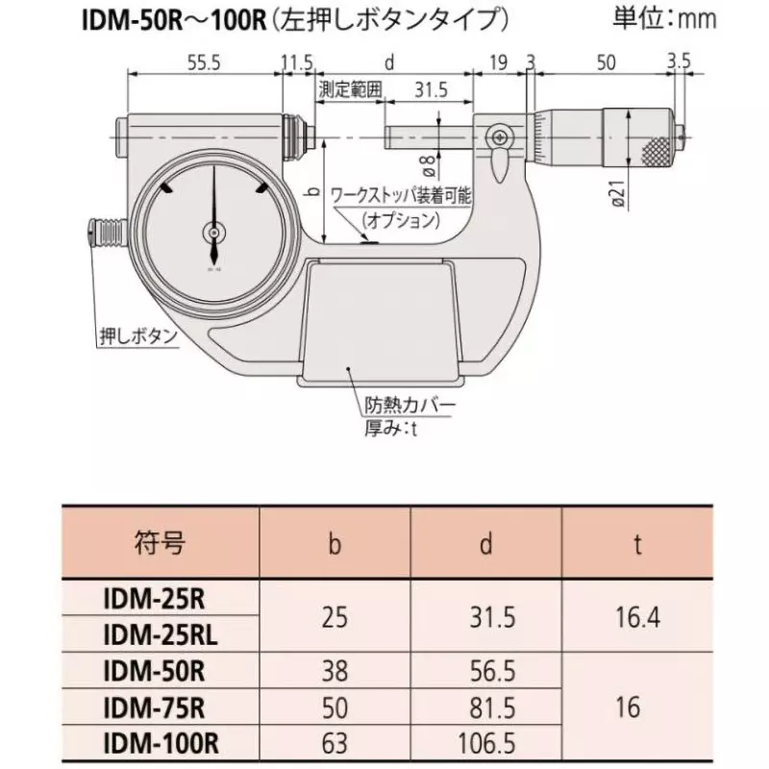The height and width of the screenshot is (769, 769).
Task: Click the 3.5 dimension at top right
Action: click(679, 62)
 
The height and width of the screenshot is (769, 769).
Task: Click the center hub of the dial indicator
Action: click(213, 233)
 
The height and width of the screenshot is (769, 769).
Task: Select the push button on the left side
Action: click(99, 234)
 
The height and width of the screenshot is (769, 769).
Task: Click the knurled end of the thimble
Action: click(656, 152)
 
